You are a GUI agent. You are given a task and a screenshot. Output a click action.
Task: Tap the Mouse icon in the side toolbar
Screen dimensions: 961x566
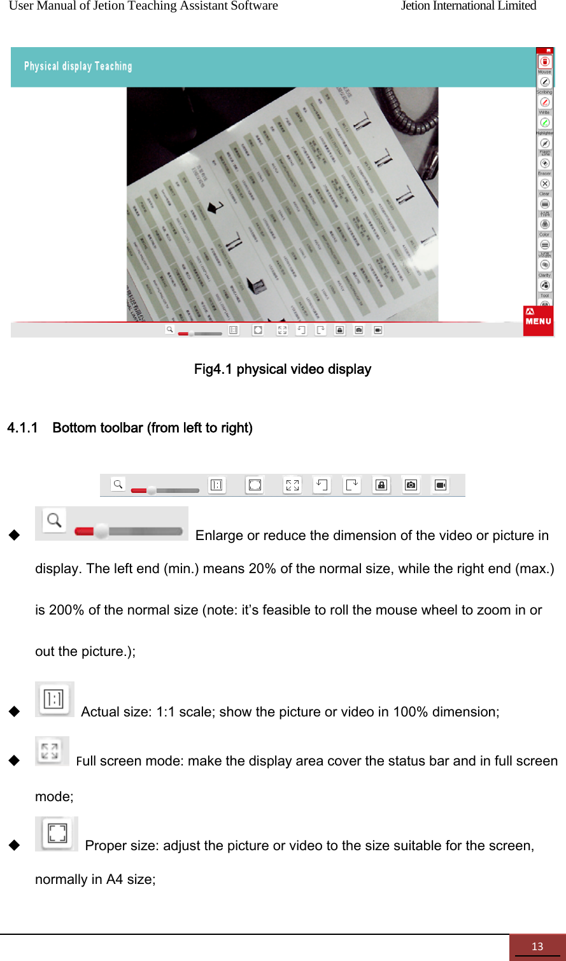pos(544,62)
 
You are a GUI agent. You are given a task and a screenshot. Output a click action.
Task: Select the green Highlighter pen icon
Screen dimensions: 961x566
pos(544,122)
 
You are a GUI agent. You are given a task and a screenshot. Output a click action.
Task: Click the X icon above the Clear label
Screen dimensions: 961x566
pos(544,183)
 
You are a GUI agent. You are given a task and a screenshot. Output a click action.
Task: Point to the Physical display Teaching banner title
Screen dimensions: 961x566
pos(78,66)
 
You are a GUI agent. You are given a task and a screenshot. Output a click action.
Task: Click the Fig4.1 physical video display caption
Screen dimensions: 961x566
pos(282,369)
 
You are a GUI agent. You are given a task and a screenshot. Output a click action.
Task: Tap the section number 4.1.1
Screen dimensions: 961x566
pos(22,428)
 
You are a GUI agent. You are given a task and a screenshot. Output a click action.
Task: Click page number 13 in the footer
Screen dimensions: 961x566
pos(537,946)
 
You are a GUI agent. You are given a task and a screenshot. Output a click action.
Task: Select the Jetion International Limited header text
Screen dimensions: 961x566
pos(468,6)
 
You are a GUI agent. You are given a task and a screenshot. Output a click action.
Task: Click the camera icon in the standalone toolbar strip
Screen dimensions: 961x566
pos(411,485)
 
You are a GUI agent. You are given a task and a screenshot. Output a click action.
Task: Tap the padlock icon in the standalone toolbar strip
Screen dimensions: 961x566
pos(381,485)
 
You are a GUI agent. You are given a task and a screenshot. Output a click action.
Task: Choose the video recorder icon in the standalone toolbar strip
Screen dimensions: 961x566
pos(440,485)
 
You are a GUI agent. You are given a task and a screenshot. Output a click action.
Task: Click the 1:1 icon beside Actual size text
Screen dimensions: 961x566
pos(54,699)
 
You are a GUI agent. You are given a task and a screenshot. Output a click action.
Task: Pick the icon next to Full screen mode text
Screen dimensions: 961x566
pos(51,751)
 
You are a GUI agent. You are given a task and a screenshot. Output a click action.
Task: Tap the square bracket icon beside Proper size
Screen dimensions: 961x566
pos(57,833)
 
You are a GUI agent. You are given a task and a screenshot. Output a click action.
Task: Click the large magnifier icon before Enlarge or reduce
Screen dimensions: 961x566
pos(55,521)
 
